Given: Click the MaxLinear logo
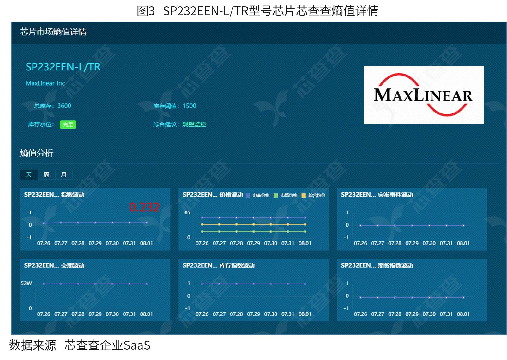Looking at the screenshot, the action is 424,95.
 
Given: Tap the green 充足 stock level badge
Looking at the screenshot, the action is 68,125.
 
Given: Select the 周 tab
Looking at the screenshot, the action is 46,174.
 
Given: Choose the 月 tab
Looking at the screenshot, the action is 63,174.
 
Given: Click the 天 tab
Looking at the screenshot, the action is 29,174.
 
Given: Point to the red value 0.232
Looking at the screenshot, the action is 144,207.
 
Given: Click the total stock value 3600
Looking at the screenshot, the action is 64,106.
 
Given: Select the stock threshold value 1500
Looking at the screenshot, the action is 190,106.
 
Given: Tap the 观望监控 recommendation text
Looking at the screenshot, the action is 194,124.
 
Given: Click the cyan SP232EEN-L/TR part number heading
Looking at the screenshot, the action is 63,67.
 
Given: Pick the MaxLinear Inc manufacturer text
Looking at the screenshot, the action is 45,83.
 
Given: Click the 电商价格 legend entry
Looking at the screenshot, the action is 257,195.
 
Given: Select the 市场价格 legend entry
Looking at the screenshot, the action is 286,195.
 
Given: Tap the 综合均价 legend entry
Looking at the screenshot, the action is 313,195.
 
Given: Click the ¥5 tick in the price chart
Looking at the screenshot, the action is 187,212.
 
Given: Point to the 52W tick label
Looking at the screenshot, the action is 27,283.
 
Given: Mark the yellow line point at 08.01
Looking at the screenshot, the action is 305,224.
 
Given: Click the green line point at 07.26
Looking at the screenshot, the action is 202,231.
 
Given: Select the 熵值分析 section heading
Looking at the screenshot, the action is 37,153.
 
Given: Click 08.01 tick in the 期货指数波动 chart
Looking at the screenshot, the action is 463,314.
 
